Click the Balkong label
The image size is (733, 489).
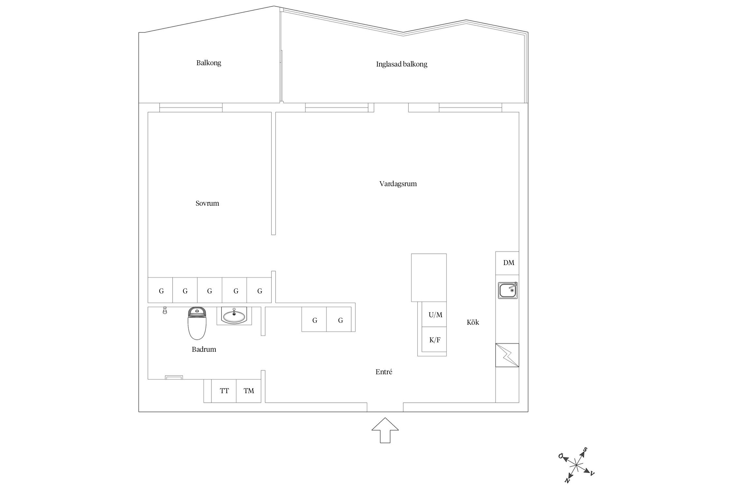click(208, 63)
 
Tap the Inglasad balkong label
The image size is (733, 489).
click(402, 64)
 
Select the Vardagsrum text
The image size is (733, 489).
click(398, 184)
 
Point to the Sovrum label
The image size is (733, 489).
click(207, 203)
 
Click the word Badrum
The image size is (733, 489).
click(204, 349)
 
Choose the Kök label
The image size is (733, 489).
click(473, 322)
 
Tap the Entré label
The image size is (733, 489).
click(384, 372)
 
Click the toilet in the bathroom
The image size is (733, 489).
click(197, 323)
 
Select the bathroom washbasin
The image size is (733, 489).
click(234, 316)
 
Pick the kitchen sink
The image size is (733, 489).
click(508, 290)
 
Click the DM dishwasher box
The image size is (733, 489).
click(507, 263)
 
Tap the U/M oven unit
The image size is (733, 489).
click(434, 314)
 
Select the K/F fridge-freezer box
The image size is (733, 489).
click(434, 340)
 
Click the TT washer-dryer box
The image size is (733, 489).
click(224, 391)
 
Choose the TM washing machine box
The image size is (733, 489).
click(249, 391)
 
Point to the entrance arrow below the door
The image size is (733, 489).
click(385, 430)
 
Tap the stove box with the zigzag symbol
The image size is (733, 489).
click(507, 355)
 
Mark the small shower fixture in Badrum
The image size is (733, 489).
click(165, 310)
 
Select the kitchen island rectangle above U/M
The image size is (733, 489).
click(429, 277)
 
